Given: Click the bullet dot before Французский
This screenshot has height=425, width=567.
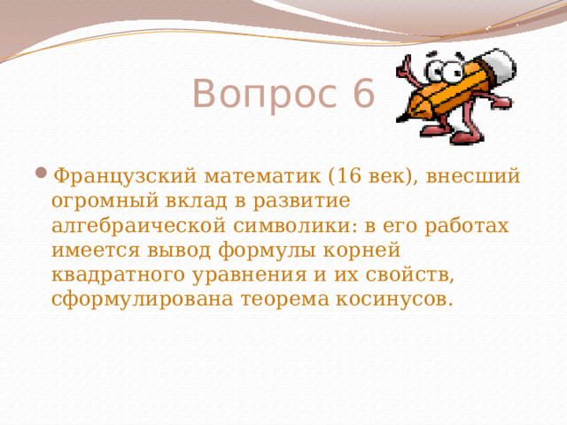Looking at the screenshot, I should (44, 173).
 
